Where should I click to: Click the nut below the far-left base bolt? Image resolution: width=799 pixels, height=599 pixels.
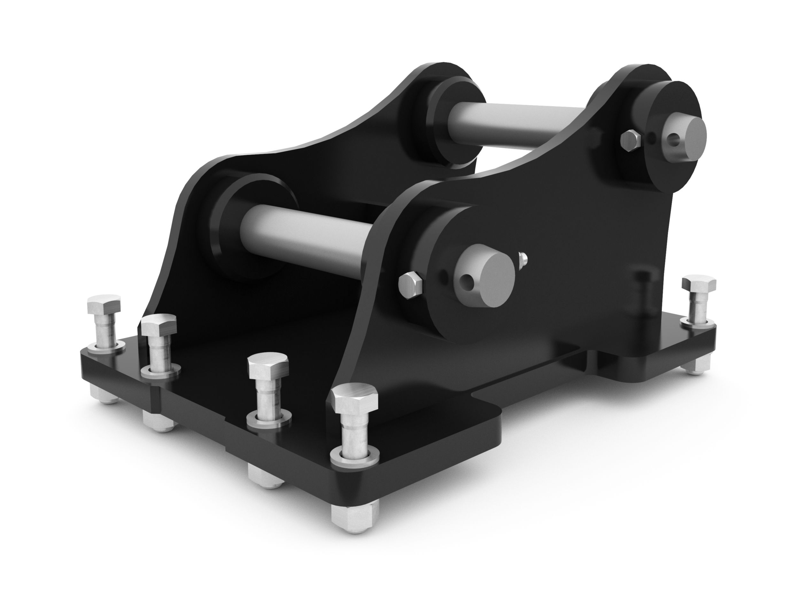point(105,395)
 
